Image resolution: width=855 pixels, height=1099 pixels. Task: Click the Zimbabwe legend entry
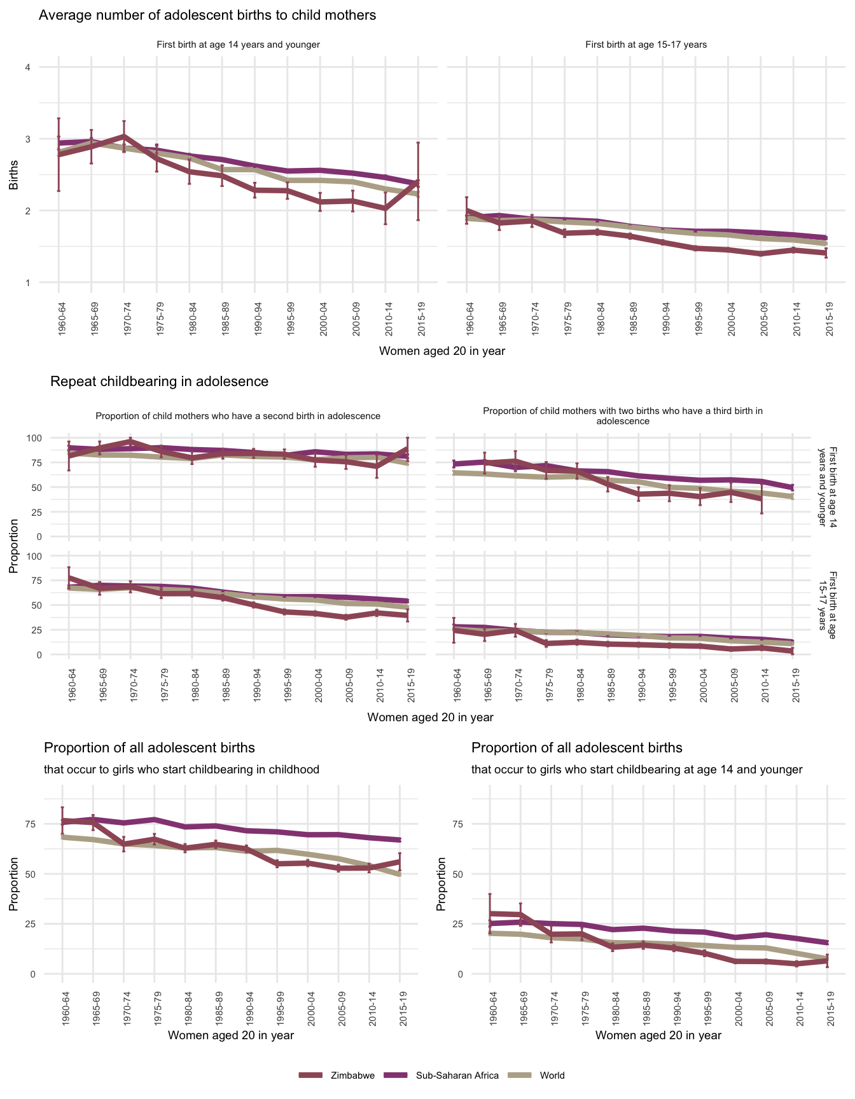(352, 1075)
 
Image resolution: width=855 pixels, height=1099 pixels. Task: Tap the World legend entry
(552, 1075)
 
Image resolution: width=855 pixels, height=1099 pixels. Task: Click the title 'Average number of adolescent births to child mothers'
(207, 15)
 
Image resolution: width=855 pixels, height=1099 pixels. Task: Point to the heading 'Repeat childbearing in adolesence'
(159, 382)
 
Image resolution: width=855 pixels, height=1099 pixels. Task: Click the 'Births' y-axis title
(13, 175)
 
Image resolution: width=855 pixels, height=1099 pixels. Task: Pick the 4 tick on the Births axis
(27, 67)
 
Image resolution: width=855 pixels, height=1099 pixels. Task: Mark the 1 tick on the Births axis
(27, 282)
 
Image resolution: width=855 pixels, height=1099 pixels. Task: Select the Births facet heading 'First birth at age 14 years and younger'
(238, 45)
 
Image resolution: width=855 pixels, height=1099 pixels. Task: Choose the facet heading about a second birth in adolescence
(238, 416)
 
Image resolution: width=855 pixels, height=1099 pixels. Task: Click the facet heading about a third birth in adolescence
(623, 416)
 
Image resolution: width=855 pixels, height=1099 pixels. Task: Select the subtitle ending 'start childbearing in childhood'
(181, 770)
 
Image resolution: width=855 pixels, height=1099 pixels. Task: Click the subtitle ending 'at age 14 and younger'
(637, 770)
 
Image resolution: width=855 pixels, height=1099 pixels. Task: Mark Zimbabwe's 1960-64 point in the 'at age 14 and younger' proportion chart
(490, 914)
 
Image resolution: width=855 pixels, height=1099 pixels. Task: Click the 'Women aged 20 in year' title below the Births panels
(442, 351)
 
